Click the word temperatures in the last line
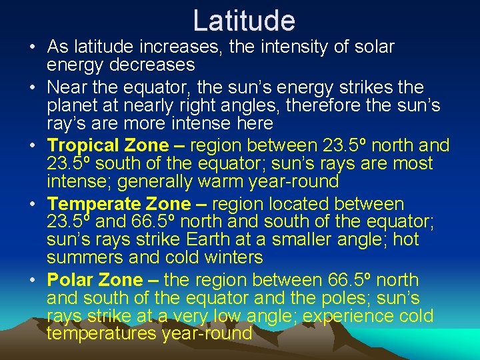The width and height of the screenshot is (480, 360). coord(101,333)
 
